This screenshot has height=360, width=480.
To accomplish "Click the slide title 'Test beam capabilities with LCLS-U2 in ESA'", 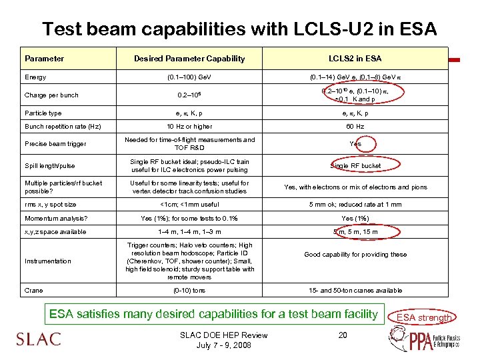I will [239, 29].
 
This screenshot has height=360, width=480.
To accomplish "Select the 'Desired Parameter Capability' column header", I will [189, 59].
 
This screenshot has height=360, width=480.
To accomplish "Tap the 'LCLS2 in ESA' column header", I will [355, 59].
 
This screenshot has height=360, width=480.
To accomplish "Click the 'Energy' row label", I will [35, 77].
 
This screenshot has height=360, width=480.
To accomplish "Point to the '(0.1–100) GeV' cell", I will [189, 77].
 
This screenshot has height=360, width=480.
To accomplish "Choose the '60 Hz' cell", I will [355, 126].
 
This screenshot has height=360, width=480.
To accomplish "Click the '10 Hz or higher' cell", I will [189, 126].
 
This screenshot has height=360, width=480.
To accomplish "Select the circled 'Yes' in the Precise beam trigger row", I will [355, 143].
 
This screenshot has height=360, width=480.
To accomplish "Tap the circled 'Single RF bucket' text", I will [355, 165].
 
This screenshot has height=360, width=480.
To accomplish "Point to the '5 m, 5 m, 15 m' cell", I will [355, 232].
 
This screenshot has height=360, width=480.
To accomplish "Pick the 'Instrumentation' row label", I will [47, 261].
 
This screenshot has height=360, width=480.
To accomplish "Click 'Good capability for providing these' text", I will [355, 254].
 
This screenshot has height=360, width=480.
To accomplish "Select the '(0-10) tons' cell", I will [189, 291].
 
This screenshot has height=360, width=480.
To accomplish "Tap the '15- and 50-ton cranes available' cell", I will [355, 291].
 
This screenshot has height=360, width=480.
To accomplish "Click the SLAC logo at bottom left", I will [38, 339].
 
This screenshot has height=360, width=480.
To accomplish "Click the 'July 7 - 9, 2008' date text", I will [223, 345].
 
